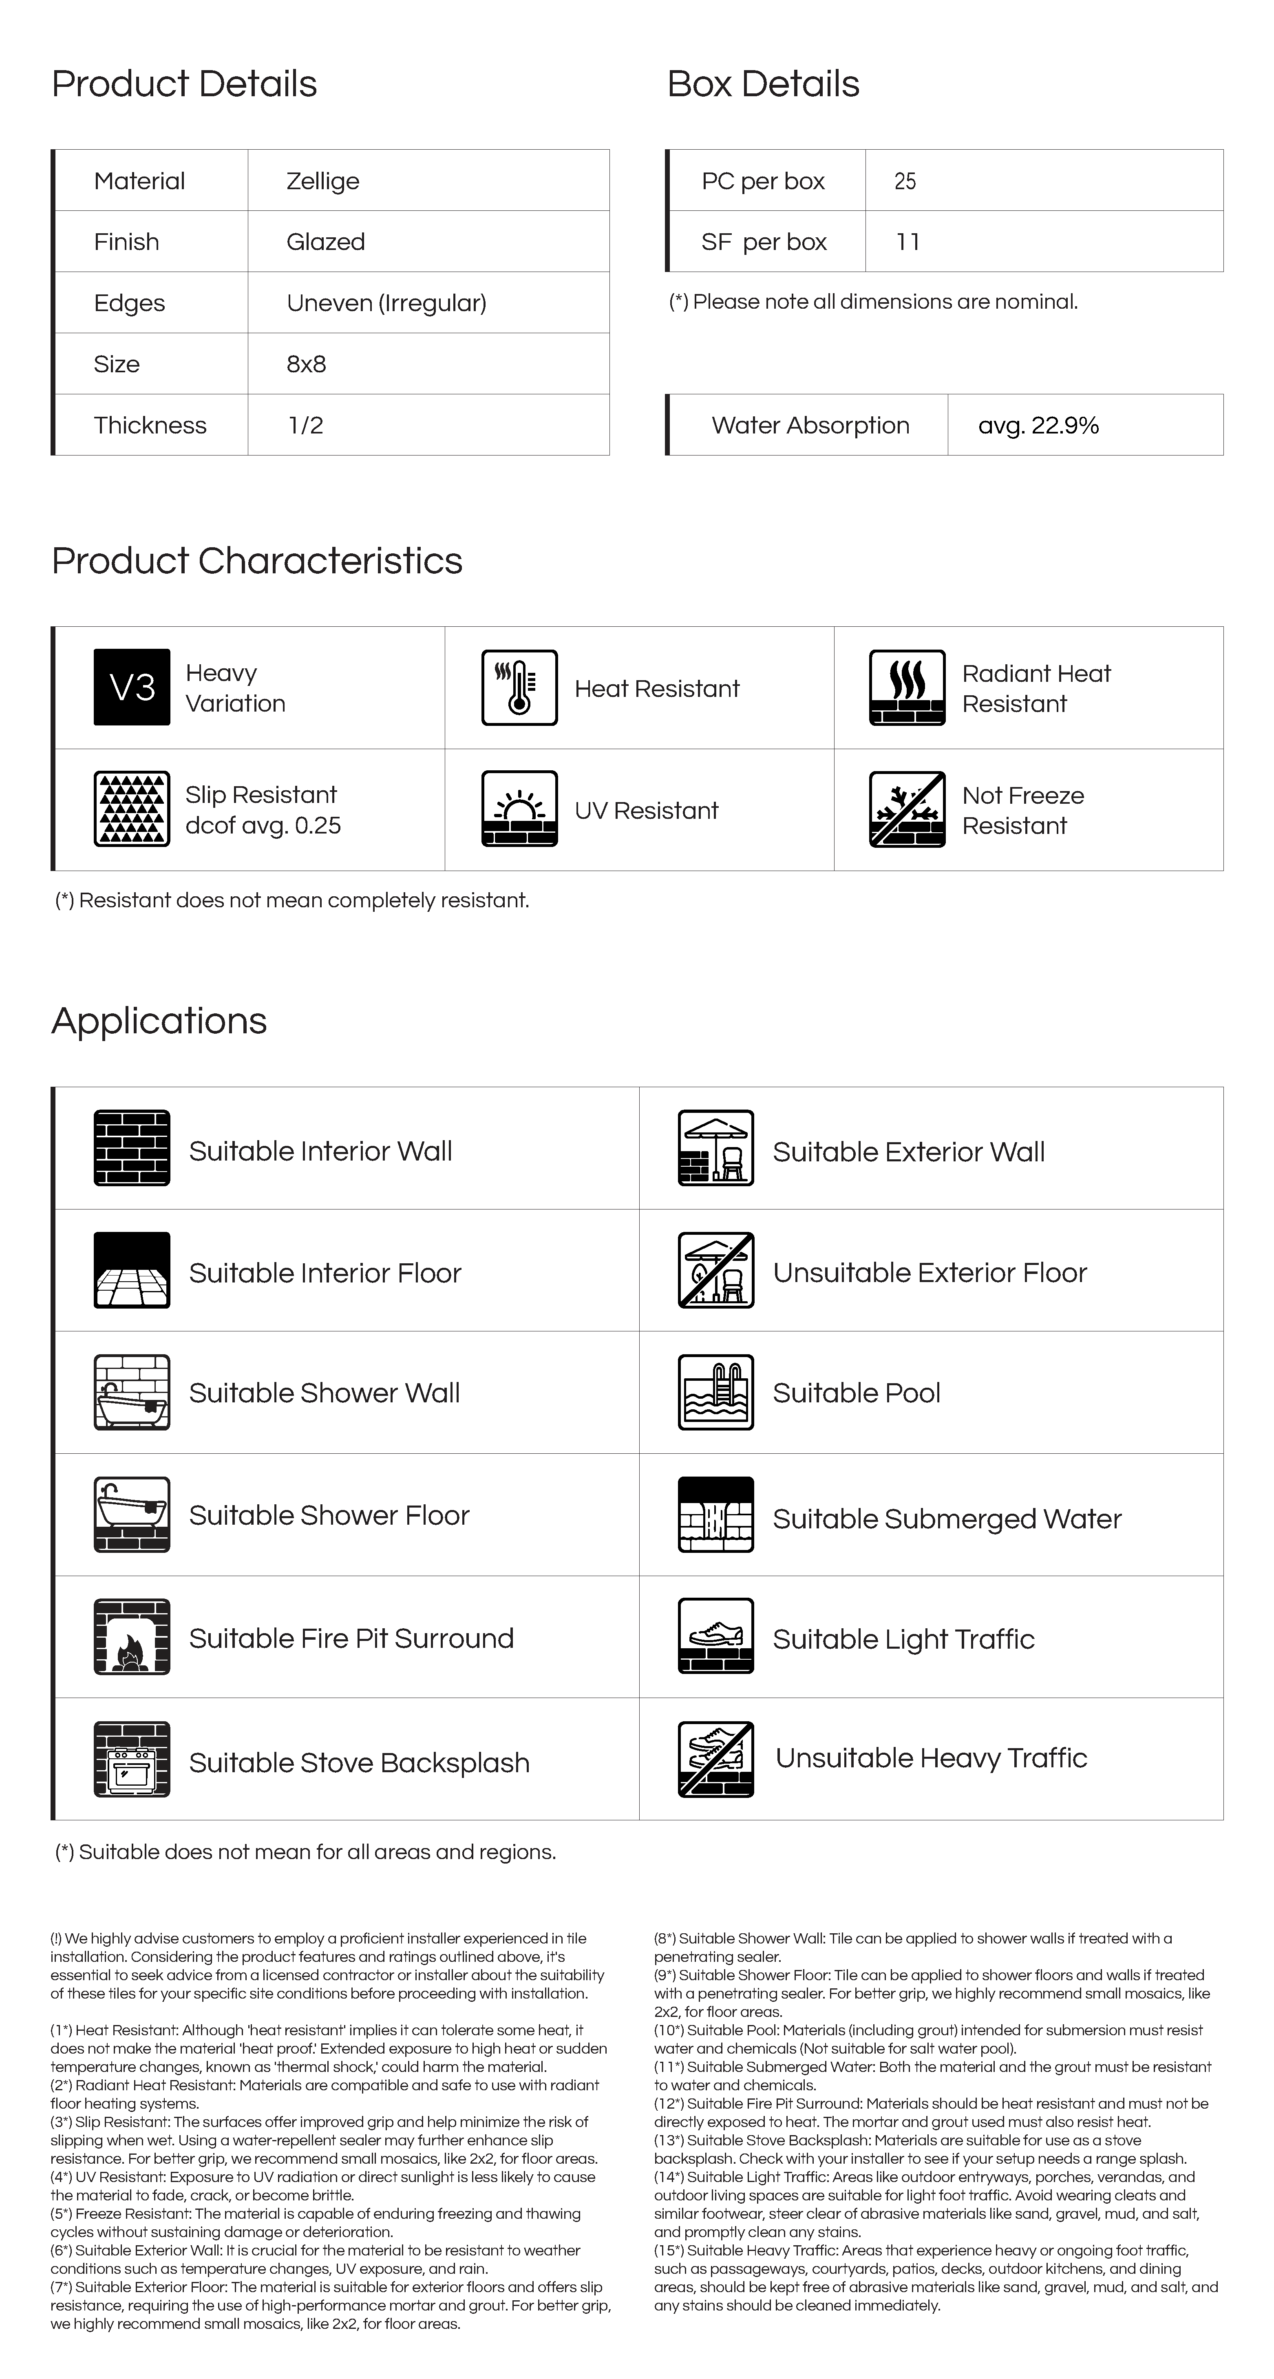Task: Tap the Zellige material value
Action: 322,181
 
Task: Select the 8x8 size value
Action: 306,364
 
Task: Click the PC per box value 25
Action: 905,181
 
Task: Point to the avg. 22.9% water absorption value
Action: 1038,426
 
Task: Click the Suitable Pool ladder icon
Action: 715,1393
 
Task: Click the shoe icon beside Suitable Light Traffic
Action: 715,1637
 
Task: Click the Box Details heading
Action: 762,84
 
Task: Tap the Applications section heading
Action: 159,1021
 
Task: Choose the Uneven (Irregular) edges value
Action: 386,303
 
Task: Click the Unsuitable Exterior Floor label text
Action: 930,1273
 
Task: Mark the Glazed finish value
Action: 325,242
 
